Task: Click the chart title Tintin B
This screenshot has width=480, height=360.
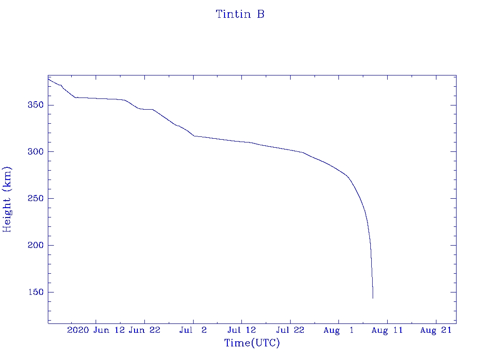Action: coord(240,15)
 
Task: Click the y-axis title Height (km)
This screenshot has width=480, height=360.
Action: coord(7,199)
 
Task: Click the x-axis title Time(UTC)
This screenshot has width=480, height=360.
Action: coord(252,343)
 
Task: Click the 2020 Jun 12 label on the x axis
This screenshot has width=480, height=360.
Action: coord(96,330)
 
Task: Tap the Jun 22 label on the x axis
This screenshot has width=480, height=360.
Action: coord(144,330)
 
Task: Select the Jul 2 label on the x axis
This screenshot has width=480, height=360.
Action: coord(193,330)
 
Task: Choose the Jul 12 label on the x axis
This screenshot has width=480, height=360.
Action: coord(241,330)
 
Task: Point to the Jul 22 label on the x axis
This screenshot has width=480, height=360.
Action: coord(290,330)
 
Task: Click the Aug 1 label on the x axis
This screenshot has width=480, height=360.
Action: coord(338,330)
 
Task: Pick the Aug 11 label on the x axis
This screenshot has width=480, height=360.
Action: coord(387,330)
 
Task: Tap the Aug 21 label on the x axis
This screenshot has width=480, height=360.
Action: coord(435,330)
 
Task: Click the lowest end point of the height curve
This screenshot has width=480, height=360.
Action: coord(373,298)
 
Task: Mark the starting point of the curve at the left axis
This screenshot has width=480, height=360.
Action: coord(48,79)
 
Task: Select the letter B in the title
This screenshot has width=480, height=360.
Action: coord(260,15)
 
